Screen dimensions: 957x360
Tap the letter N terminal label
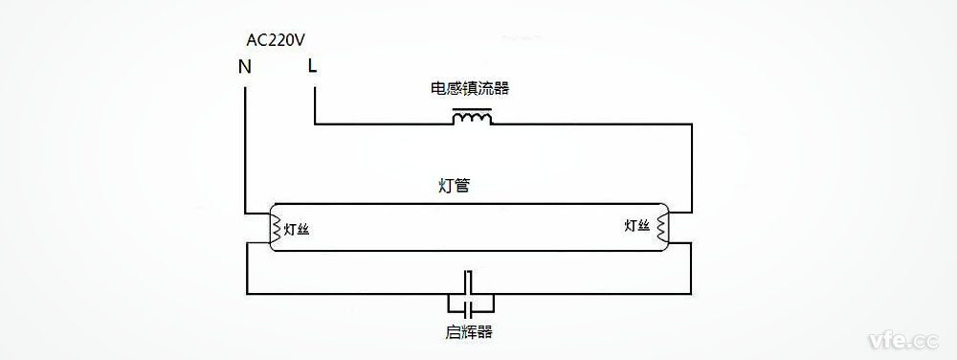pyautogui.click(x=245, y=67)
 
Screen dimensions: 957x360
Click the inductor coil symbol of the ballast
pyautogui.click(x=472, y=118)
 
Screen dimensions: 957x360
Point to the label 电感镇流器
pyautogui.click(x=469, y=89)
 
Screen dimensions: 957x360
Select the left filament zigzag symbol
pyautogui.click(x=276, y=228)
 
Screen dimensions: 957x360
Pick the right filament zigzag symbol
pyautogui.click(x=658, y=227)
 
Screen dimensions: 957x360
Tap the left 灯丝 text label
pyautogui.click(x=297, y=229)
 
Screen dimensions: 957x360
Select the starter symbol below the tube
pyautogui.click(x=469, y=293)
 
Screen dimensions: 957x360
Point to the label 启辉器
pyautogui.click(x=469, y=333)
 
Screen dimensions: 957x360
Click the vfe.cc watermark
pyautogui.click(x=902, y=339)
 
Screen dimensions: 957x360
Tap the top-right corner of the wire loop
pyautogui.click(x=691, y=124)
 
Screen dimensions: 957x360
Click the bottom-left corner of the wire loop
pyautogui.click(x=247, y=293)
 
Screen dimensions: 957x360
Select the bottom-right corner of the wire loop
pyautogui.click(x=691, y=293)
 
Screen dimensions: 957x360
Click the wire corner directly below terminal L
pyautogui.click(x=314, y=124)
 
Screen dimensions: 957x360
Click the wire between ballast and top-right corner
pyautogui.click(x=593, y=124)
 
